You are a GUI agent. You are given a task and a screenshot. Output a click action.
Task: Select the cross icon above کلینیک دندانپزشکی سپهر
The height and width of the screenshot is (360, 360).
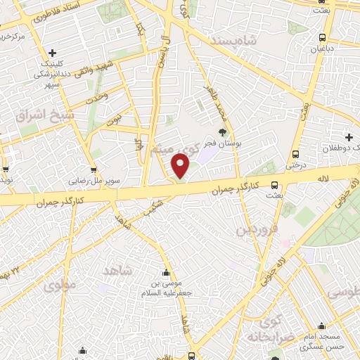[53, 53]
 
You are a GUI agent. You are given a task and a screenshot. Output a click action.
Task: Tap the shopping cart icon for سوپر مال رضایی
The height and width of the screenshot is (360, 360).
[94, 169]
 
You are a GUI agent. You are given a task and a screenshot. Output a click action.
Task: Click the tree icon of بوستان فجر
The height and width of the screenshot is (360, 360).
[223, 131]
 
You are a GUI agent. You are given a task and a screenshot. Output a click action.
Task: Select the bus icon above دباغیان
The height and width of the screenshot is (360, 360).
[322, 37]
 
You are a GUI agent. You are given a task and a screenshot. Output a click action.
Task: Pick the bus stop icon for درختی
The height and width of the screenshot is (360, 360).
[295, 154]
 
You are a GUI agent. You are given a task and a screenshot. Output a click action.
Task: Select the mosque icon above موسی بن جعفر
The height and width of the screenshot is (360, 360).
[167, 273]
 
